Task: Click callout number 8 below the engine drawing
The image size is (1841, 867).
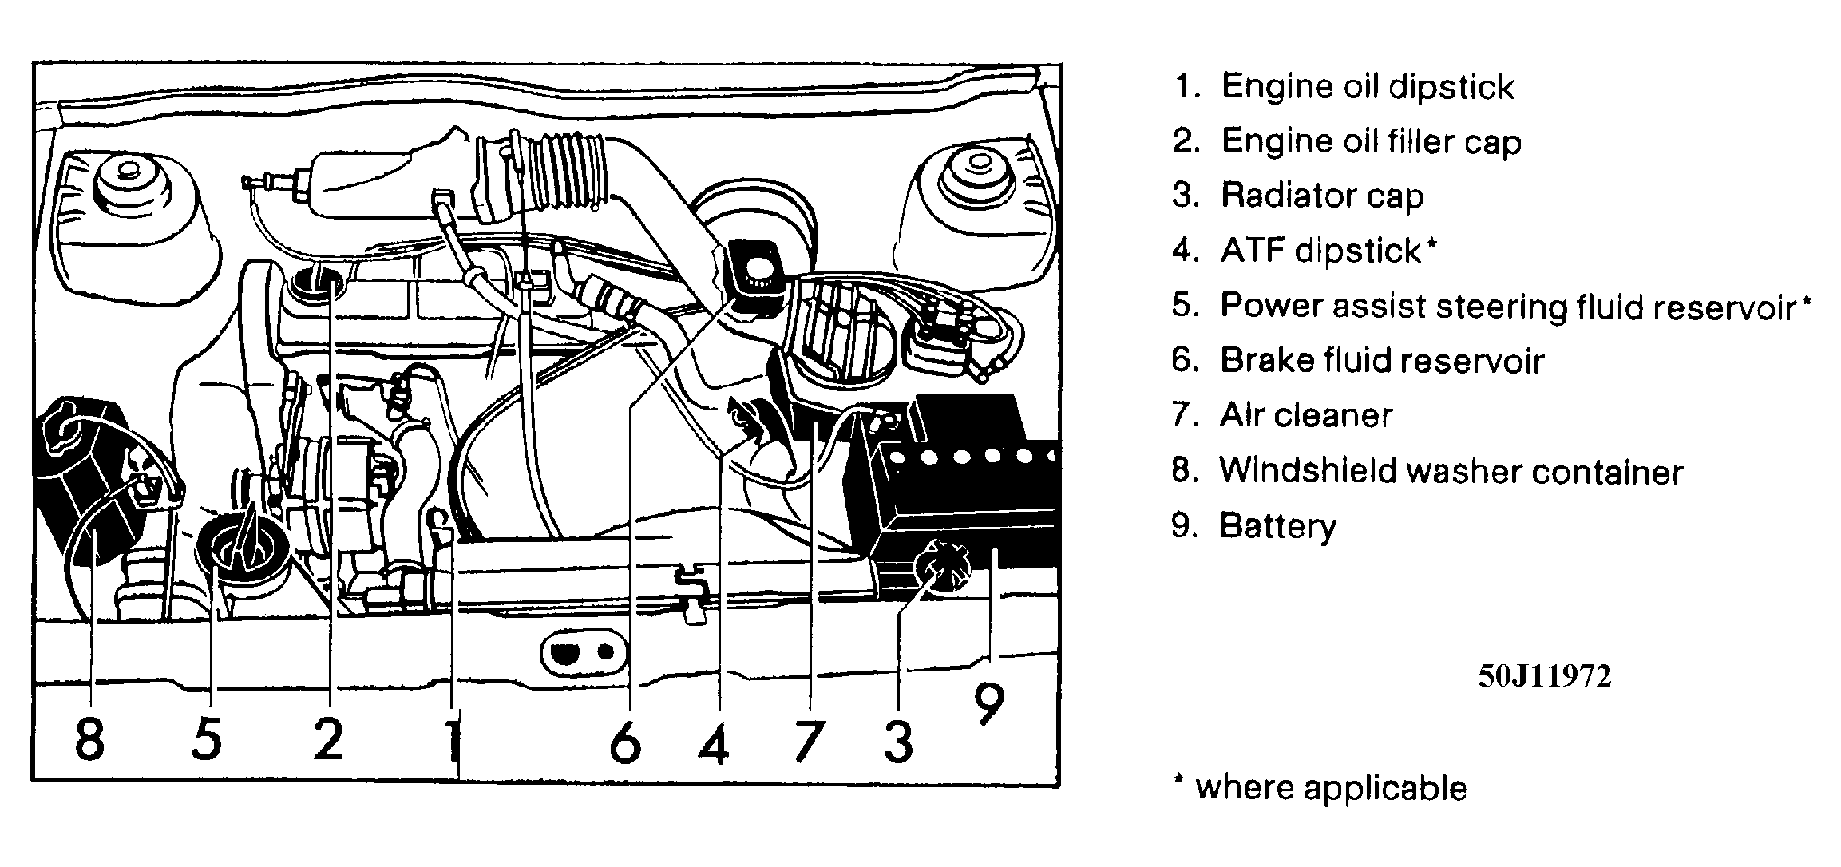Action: tap(89, 738)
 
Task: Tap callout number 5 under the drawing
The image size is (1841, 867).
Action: tap(207, 738)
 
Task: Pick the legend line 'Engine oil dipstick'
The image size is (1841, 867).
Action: tap(1366, 86)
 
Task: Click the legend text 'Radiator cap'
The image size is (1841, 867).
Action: tap(1322, 196)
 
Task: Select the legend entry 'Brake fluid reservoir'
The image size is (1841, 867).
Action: tap(1382, 361)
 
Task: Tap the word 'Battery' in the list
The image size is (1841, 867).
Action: tap(1277, 526)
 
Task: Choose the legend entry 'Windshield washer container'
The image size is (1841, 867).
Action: tap(1451, 471)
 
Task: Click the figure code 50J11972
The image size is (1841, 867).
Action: tap(1544, 676)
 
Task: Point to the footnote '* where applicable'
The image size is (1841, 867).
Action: tap(1320, 788)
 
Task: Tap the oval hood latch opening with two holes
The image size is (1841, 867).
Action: tap(581, 653)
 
